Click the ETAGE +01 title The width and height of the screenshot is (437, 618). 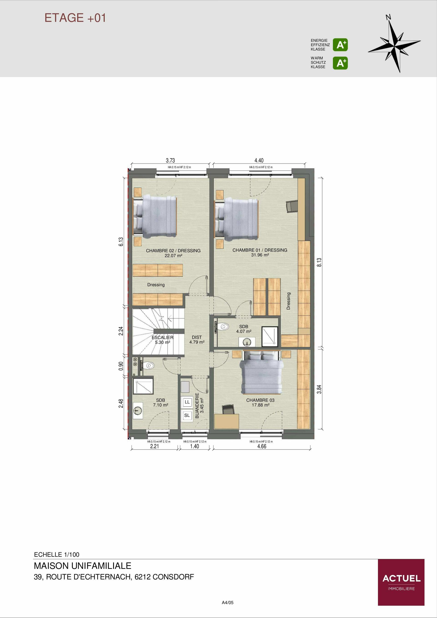point(75,18)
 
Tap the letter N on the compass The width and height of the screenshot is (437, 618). point(388,18)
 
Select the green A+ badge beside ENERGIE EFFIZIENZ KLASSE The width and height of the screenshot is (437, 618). point(340,45)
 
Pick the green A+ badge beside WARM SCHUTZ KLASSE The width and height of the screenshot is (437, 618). point(340,63)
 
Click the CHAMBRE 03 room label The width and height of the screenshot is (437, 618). point(260,400)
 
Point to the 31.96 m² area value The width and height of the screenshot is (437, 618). point(260,255)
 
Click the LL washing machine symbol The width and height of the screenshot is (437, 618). point(187,402)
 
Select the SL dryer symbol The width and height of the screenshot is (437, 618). point(187,415)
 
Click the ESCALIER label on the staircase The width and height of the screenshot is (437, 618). point(162,337)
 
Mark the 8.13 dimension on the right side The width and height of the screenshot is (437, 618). point(319,262)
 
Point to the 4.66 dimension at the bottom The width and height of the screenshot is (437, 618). point(262,446)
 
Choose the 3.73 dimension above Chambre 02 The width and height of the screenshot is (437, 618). point(170,160)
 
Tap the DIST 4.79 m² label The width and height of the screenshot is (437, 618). point(197,340)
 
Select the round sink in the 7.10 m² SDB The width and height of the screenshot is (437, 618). point(138,410)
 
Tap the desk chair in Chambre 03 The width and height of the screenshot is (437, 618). point(228,409)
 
